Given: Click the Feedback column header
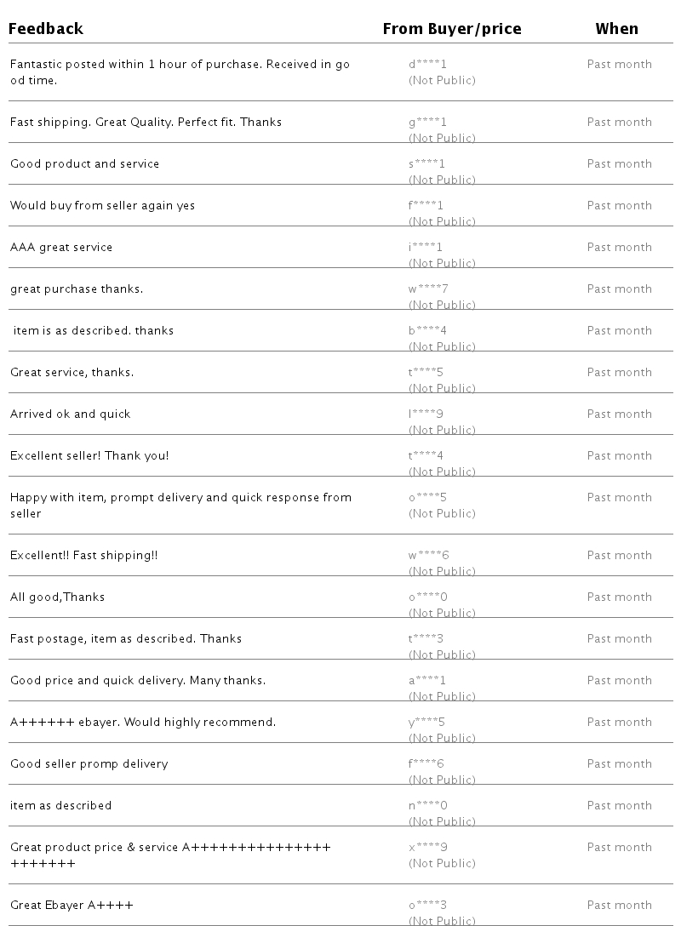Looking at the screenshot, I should tap(46, 29).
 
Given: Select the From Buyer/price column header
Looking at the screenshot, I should tap(451, 29).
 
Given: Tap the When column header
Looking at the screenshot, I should tap(616, 29).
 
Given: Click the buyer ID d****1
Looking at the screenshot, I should tap(427, 64).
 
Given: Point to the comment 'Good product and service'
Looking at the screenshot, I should tap(84, 163).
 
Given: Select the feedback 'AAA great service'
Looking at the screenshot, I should tap(61, 247).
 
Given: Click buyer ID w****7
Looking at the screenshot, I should tap(427, 289).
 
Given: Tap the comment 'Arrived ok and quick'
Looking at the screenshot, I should tap(71, 414).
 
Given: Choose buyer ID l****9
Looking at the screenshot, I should tap(426, 414).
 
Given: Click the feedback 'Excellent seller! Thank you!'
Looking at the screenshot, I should tap(89, 455).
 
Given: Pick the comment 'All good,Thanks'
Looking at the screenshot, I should tap(57, 597).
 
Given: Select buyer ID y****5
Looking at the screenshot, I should tap(426, 722).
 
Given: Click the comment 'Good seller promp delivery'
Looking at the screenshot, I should tap(89, 763).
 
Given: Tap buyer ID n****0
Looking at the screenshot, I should tap(427, 805).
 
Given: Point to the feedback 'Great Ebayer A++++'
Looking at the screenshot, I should tap(72, 905).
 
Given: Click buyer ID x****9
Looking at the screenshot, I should tap(427, 847).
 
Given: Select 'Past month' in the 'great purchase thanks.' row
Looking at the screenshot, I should tap(619, 289).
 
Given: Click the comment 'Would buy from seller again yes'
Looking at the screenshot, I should tap(102, 205).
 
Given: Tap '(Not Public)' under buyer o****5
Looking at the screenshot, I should tap(442, 513).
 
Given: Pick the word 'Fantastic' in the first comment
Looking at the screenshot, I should tap(34, 64).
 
